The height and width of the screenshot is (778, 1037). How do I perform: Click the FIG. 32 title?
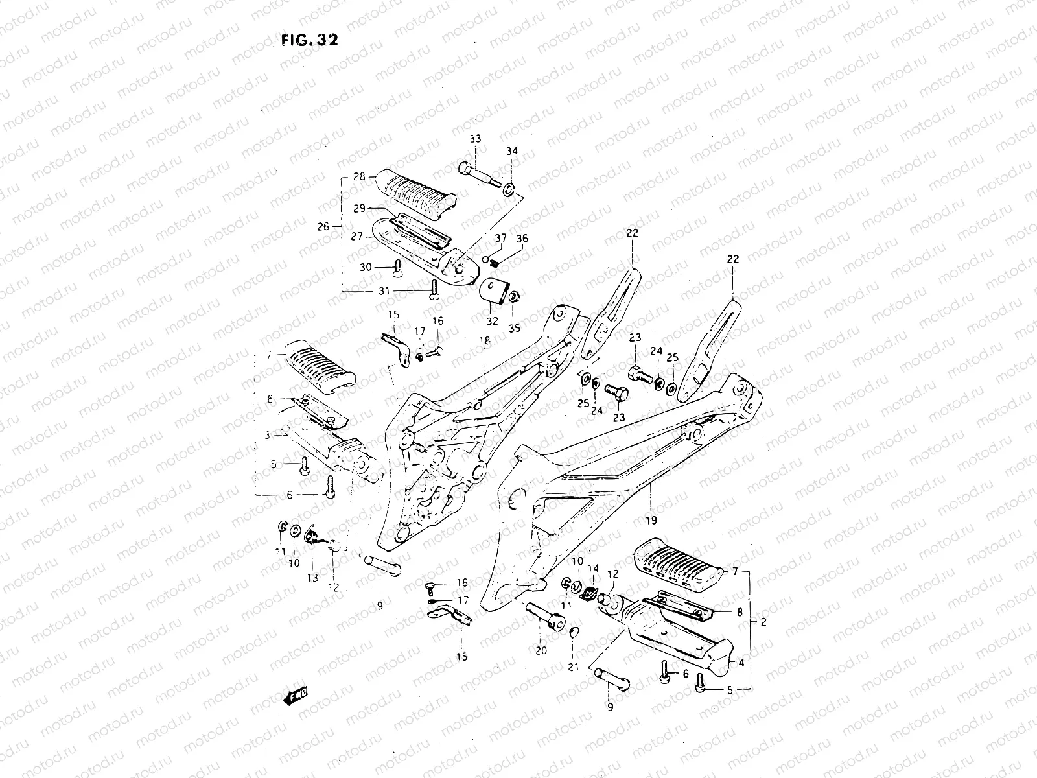[309, 40]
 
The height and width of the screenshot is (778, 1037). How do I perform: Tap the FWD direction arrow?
[296, 696]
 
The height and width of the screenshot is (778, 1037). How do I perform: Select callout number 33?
[476, 139]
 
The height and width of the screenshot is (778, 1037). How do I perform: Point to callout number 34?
[512, 152]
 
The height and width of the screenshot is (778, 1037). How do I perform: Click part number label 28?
[360, 176]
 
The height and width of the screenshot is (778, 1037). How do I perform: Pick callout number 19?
[651, 520]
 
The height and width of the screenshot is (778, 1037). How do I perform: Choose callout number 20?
[541, 650]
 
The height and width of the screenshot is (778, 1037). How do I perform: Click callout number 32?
[492, 321]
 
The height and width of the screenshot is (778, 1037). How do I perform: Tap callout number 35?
[514, 328]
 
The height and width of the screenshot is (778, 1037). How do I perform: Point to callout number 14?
[592, 569]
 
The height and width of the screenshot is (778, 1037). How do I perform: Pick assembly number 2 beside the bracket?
[763, 622]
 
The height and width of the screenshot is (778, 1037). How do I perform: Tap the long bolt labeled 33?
[481, 175]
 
